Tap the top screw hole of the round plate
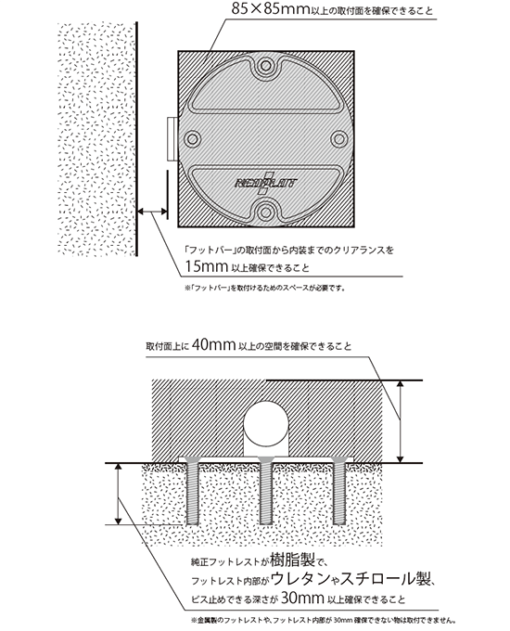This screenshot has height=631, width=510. click(x=266, y=65)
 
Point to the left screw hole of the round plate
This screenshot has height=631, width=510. click(x=193, y=139)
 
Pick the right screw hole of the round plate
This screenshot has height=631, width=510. click(x=338, y=139)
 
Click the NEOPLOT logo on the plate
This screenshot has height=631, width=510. click(x=266, y=184)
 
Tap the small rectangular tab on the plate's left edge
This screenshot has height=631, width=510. click(x=172, y=139)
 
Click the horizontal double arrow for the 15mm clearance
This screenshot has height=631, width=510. click(x=152, y=211)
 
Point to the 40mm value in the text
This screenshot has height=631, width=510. click(x=213, y=345)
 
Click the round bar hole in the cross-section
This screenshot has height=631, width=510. click(x=267, y=421)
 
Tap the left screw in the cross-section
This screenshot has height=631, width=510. click(x=193, y=492)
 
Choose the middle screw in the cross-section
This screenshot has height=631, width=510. click(x=266, y=492)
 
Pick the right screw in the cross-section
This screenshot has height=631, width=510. click(x=339, y=492)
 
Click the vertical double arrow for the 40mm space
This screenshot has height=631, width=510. click(x=400, y=421)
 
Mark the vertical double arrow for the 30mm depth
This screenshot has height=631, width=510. click(x=118, y=495)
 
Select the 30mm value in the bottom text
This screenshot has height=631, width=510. click(x=302, y=598)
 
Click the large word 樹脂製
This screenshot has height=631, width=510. click(x=295, y=559)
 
